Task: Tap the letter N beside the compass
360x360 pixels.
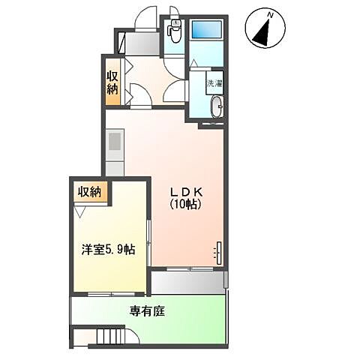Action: point(276,14)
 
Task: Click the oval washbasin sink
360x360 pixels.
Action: point(216,106)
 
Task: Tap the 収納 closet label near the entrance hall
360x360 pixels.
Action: point(112,82)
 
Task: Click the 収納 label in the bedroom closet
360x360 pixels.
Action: point(89,191)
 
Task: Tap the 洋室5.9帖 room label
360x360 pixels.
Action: point(109,248)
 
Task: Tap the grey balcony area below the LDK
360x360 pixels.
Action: point(187,283)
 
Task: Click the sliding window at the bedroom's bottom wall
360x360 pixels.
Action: point(109,292)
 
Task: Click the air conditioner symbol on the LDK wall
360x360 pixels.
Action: point(219,251)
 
